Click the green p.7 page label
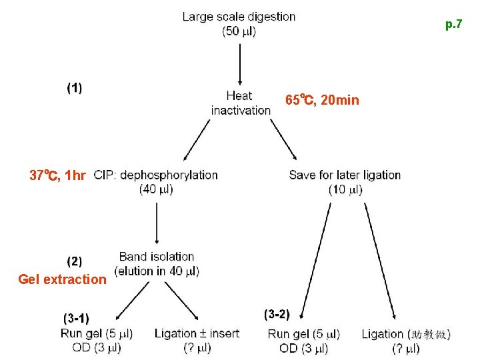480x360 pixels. pos(454,24)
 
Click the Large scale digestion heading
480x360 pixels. pos(239,17)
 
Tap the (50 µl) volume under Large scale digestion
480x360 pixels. pos(239,31)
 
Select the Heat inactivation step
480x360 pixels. pos(241,103)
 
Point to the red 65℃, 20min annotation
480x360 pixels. pos(322,100)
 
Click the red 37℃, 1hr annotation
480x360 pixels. pos(57,175)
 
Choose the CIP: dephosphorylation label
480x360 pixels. pos(155,175)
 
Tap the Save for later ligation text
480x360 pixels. pos(345,175)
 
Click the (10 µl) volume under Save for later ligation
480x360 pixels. pos(345,190)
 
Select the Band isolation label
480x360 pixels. pos(157,257)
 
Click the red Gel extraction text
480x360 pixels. pos(62,279)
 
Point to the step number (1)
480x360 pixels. pos(75,88)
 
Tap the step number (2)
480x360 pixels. pos(75,262)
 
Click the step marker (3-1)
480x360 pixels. pos(76,319)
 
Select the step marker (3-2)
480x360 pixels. pos(277,315)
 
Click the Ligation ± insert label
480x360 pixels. pos(197,333)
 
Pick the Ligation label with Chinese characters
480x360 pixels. pos(406,334)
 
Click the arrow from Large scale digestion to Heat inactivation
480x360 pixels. pos(240,64)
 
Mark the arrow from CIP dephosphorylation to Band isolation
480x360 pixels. pos(157,223)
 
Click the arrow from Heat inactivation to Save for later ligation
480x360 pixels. pos(283,139)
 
